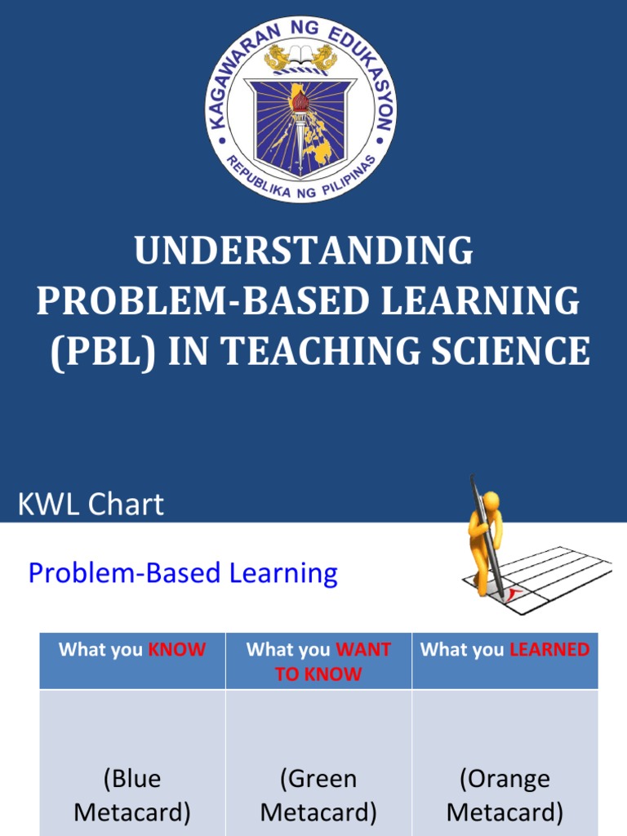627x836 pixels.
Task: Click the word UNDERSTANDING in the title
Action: click(x=304, y=251)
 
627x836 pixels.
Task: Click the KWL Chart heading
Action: click(x=91, y=505)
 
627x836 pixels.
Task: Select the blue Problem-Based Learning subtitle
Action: click(x=183, y=573)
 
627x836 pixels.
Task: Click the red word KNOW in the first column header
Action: click(x=176, y=650)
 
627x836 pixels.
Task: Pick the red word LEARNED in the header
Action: click(x=549, y=650)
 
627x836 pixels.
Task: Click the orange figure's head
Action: click(x=490, y=500)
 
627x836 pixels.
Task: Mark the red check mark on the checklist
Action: click(x=511, y=594)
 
